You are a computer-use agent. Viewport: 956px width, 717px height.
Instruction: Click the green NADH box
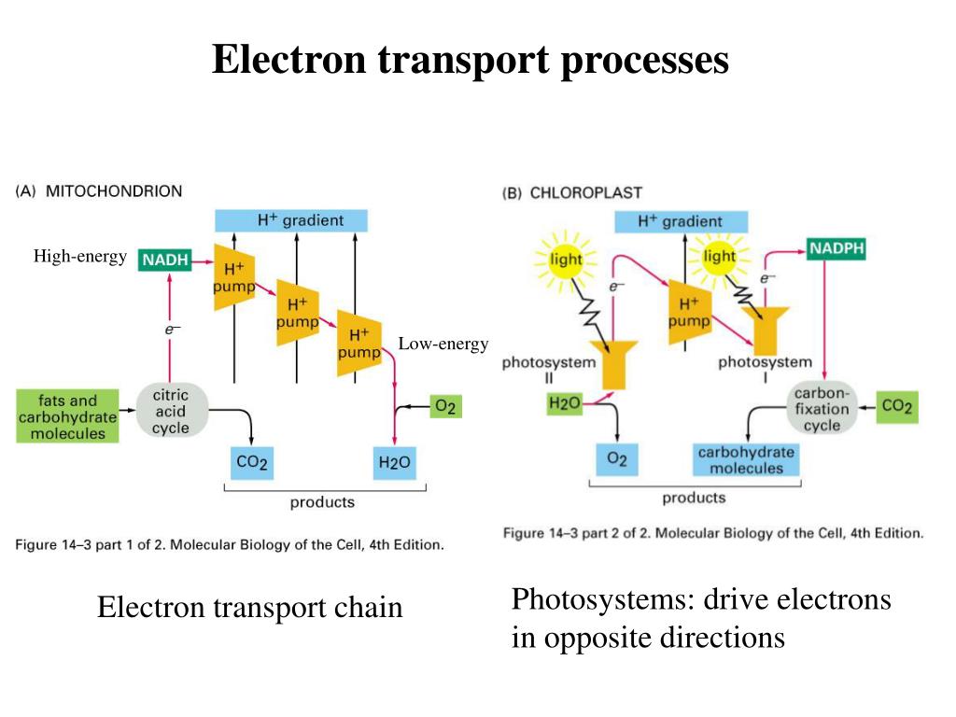pos(165,260)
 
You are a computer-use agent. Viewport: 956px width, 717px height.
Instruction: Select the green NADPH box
pos(836,249)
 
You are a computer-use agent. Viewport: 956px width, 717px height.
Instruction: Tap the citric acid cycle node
pos(170,412)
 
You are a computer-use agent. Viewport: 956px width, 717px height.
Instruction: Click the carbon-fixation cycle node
pos(822,408)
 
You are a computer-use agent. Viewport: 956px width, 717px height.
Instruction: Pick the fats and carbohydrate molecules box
pos(67,416)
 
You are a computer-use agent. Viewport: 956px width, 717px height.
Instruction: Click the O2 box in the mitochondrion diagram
pos(444,406)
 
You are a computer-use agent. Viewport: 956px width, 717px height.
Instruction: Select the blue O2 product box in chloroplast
pos(617,458)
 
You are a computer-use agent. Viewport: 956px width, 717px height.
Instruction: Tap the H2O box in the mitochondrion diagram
pos(394,462)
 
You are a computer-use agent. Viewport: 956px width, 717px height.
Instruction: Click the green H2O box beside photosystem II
pos(565,403)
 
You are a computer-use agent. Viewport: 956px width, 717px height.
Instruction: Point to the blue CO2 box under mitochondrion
pos(252,462)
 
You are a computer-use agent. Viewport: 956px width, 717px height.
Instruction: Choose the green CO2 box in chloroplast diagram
pos(896,407)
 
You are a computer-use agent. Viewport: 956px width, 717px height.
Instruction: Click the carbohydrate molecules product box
pos(746,460)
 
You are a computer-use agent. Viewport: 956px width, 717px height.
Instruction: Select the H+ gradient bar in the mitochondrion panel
pos(291,220)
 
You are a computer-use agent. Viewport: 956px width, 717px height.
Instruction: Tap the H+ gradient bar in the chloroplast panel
pos(680,221)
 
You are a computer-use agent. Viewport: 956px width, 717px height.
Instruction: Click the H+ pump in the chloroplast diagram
pos(690,312)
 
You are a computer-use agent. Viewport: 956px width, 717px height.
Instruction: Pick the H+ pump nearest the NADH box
pos(233,277)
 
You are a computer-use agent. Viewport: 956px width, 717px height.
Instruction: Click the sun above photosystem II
pos(565,259)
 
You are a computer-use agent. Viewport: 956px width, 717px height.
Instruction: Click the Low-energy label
pos(443,344)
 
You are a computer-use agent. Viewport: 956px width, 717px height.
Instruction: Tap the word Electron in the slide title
pos(289,61)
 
